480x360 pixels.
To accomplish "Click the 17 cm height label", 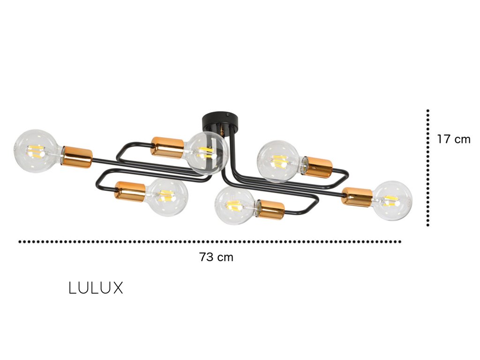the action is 453,139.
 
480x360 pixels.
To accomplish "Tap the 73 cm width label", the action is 216,257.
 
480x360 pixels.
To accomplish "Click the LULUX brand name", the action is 96,288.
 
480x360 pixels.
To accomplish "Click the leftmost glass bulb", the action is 37,151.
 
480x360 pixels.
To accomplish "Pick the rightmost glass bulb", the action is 392,201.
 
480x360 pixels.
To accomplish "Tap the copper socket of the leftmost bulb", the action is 77,156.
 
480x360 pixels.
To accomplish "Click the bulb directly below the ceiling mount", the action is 208,153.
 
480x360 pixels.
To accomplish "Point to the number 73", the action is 206,257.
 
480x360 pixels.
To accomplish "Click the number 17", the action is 443,139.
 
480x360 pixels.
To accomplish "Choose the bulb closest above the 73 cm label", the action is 234,205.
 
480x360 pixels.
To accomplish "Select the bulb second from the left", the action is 167,197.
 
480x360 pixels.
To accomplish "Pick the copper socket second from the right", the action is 318,167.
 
